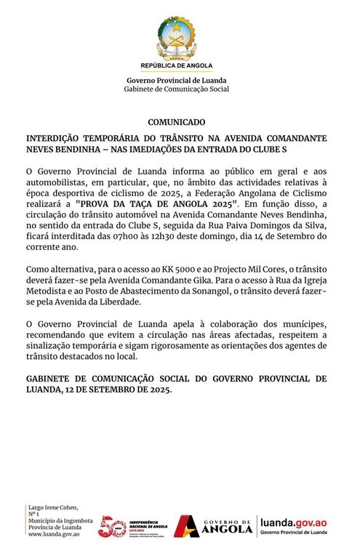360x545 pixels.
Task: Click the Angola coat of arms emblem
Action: tap(175, 37)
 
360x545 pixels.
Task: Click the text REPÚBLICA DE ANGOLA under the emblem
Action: tap(176, 65)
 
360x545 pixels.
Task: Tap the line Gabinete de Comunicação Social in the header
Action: tap(177, 89)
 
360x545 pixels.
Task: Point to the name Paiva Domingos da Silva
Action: tap(266, 226)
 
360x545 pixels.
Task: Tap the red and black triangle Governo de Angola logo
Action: tap(188, 525)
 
